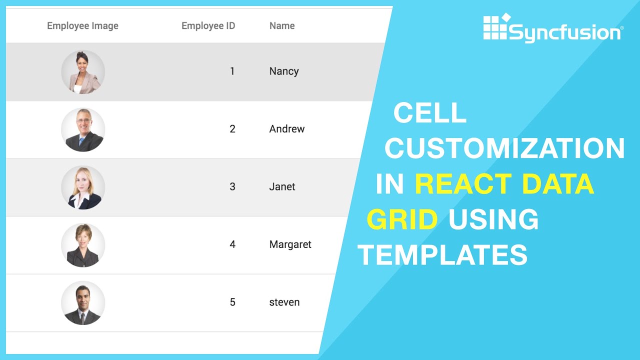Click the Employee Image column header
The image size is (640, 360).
82,26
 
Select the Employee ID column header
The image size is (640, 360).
208,26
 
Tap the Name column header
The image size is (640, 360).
282,26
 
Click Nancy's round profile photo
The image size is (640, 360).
83,72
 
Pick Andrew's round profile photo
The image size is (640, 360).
83,129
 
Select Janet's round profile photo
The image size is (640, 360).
83,187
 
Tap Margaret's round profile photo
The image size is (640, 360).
83,245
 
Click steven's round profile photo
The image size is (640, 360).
83,302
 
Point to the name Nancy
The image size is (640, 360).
284,71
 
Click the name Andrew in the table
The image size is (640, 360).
286,129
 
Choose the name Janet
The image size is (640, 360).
282,187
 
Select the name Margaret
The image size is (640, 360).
290,244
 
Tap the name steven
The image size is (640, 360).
284,302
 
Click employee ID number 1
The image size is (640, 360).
232,71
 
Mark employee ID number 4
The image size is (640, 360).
232,244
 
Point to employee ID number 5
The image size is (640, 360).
232,302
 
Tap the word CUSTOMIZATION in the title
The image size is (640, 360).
504,148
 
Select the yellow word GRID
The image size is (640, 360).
402,219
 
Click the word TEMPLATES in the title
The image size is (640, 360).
442,255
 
